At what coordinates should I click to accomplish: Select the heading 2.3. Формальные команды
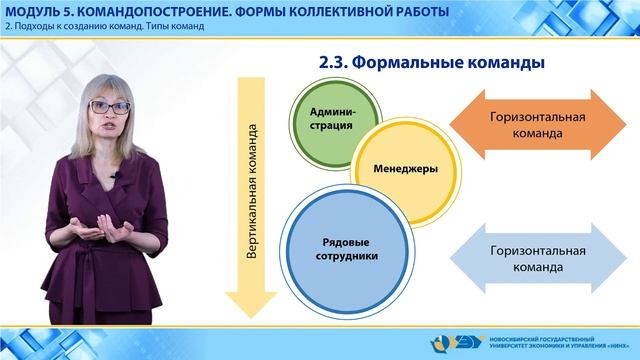tap(430, 62)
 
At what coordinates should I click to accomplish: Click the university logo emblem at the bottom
tap(471, 341)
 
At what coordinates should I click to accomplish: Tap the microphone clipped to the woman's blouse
tap(115, 177)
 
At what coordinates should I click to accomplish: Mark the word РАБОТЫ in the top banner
tap(414, 11)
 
